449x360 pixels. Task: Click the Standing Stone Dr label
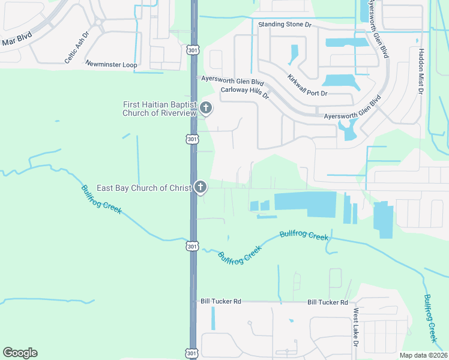[285, 25]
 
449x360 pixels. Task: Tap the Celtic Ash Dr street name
[77, 47]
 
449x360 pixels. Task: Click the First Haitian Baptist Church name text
[160, 109]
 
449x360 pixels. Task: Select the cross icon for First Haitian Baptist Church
[205, 109]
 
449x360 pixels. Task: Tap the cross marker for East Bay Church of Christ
[200, 188]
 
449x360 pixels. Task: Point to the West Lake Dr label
[356, 328]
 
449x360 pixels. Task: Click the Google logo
[20, 353]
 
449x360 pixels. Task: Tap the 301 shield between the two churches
[191, 139]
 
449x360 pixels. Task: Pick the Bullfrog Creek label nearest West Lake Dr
[430, 314]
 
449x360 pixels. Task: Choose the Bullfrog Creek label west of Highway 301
[101, 199]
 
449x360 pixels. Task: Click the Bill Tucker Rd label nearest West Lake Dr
[328, 302]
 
